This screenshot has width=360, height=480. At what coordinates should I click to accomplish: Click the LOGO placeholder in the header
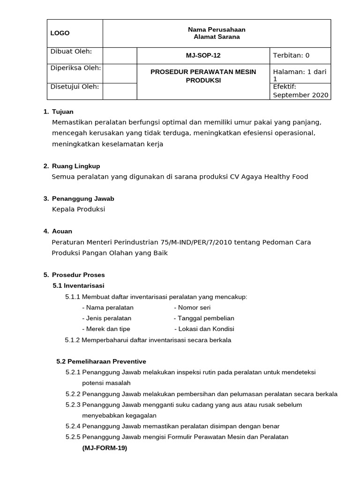coord(60,33)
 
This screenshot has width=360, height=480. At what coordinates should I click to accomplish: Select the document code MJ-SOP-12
coord(203,55)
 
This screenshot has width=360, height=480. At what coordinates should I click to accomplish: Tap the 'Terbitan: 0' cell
coord(291,55)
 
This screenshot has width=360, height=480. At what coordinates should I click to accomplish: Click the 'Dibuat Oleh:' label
coord(71,52)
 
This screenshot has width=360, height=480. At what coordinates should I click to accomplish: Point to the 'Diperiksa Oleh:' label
coord(75,68)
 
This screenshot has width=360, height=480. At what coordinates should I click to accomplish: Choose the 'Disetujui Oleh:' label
coord(75,86)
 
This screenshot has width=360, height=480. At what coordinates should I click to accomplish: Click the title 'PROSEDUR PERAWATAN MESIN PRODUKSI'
coord(203,76)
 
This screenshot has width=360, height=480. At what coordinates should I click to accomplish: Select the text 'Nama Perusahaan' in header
coord(217,30)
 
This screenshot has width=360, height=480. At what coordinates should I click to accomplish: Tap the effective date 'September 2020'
coord(300,95)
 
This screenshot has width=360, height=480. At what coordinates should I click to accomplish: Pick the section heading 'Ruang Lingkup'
coord(75,166)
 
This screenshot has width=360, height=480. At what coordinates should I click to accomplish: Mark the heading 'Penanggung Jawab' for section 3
coord(83,199)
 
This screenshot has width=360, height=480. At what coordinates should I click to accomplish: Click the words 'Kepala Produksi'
coord(78,210)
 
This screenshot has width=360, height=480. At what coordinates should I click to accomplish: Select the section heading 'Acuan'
coord(62,231)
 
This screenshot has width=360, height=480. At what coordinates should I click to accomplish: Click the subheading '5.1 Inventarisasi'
coord(78,285)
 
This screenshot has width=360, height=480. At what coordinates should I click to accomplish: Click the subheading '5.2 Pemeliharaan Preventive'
coord(101,361)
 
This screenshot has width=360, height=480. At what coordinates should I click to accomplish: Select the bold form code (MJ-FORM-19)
coord(105,448)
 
